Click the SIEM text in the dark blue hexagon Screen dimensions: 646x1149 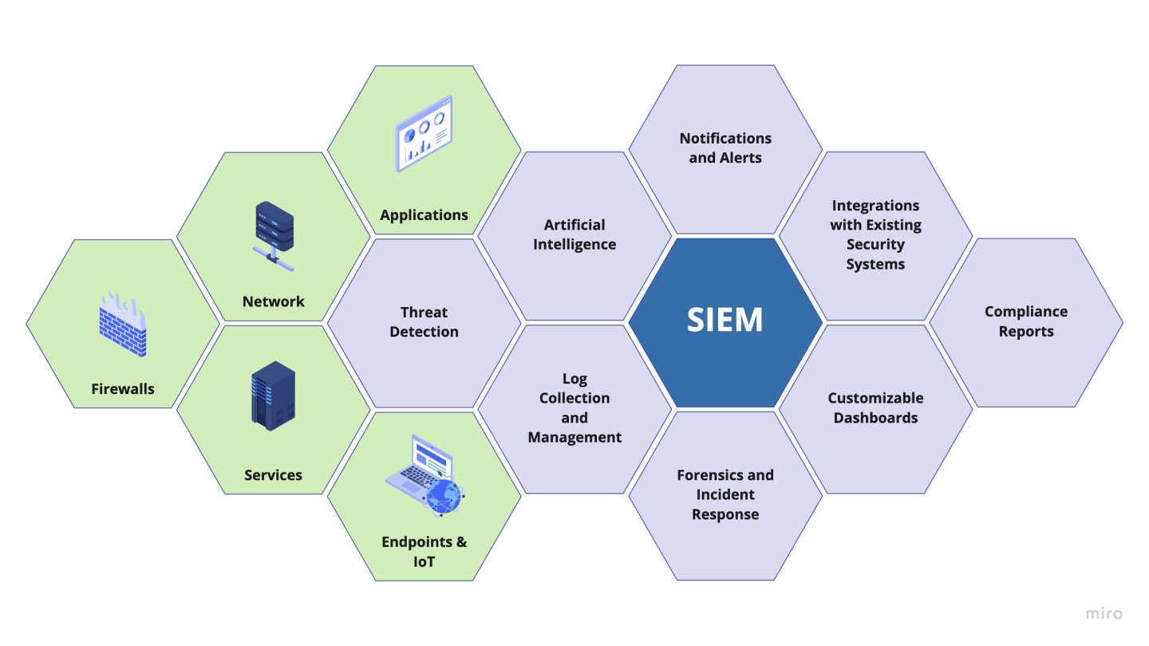point(725,321)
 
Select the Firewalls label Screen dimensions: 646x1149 point(123,389)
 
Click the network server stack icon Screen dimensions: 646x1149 point(274,230)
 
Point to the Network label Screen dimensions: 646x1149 point(274,301)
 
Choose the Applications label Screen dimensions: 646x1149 point(424,215)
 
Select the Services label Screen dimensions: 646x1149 point(273,475)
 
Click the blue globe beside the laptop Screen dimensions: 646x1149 point(444,497)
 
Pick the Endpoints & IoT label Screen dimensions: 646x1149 point(424,552)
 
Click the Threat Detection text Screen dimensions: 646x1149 point(424,321)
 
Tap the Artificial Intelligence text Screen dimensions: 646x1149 point(574,234)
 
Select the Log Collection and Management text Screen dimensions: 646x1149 point(574,408)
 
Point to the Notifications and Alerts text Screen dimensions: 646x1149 point(725,148)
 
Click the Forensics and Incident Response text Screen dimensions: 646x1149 point(725,494)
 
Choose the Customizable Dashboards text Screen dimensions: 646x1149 point(875,408)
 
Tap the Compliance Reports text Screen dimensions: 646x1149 point(1026,321)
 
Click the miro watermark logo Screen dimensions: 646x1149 point(1104,613)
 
